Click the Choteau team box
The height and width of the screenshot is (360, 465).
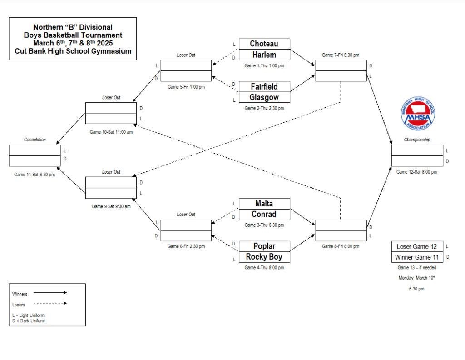click(x=264, y=44)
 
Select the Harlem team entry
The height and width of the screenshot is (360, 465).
click(x=264, y=55)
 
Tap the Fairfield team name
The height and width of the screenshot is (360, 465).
click(x=264, y=86)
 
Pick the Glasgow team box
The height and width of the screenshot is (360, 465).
click(x=264, y=97)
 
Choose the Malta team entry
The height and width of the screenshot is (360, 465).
click(x=264, y=203)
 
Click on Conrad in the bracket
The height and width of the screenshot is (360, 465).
click(x=264, y=214)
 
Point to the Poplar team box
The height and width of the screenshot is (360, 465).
click(x=264, y=246)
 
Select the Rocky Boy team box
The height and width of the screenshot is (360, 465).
click(x=264, y=257)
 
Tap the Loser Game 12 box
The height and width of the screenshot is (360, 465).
click(x=417, y=246)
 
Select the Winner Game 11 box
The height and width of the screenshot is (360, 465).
click(x=417, y=257)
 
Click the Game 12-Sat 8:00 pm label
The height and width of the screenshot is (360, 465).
click(x=417, y=172)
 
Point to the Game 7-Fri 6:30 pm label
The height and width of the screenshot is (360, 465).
click(x=341, y=55)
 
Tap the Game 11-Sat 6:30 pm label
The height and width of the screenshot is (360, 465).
click(x=35, y=175)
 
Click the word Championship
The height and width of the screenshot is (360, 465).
click(x=417, y=140)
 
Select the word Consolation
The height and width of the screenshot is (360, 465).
click(x=35, y=140)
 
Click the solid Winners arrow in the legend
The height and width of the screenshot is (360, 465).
click(x=50, y=293)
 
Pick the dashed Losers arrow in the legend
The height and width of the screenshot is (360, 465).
click(x=50, y=304)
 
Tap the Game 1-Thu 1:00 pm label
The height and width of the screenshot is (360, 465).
click(x=264, y=66)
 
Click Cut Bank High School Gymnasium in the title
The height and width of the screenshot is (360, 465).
click(x=73, y=51)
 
